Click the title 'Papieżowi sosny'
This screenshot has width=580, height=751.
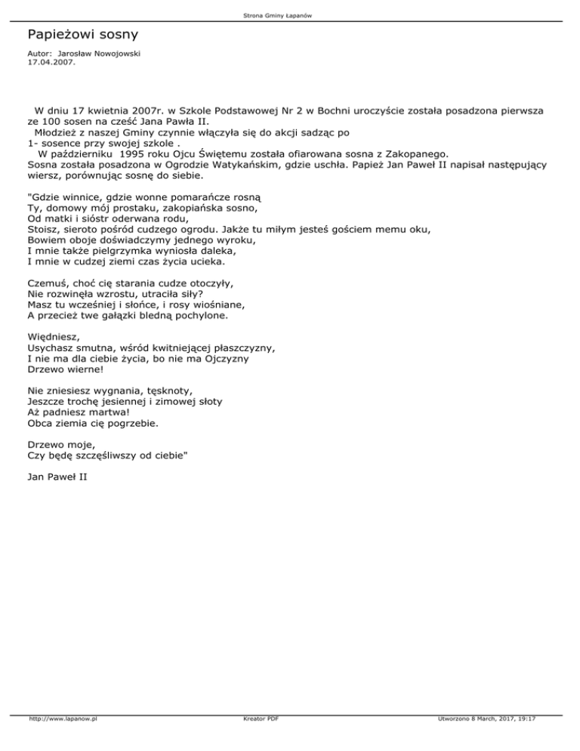(x=82, y=35)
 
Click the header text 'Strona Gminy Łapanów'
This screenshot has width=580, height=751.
(x=290, y=15)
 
